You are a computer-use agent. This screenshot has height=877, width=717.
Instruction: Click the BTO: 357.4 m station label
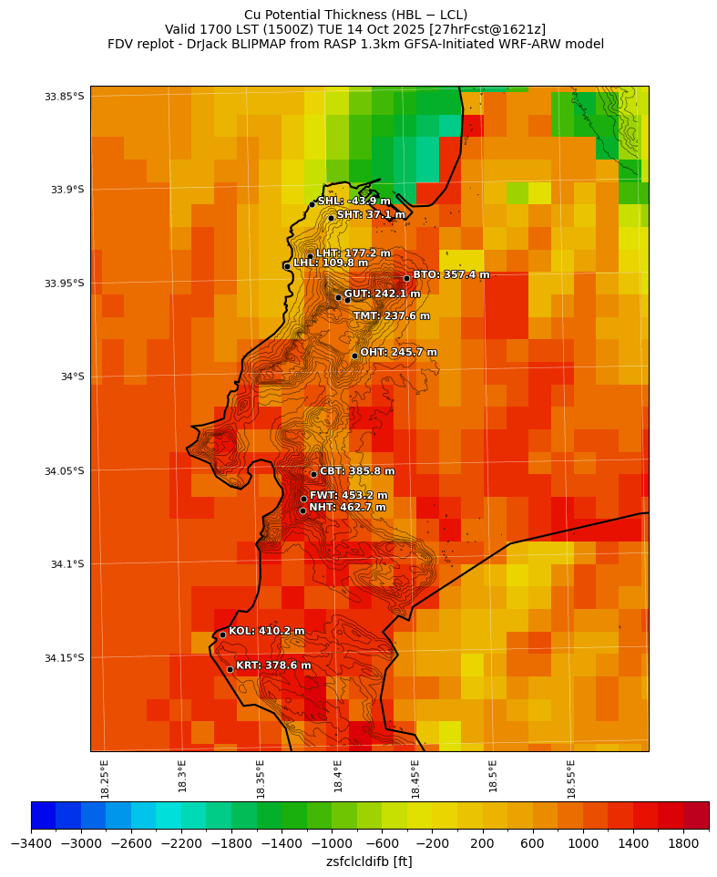tap(451, 274)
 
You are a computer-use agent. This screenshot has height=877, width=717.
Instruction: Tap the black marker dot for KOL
tap(222, 635)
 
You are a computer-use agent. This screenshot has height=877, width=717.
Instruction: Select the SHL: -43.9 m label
tap(353, 201)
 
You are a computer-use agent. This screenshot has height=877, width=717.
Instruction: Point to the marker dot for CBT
tap(313, 474)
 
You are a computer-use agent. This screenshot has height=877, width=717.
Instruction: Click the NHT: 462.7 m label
tap(347, 507)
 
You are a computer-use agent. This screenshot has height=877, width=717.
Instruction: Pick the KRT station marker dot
tap(230, 669)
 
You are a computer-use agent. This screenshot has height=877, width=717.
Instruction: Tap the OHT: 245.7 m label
tap(398, 352)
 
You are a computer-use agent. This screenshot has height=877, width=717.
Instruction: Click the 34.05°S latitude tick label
tap(64, 470)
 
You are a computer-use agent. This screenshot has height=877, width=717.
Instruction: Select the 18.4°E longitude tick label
tap(338, 779)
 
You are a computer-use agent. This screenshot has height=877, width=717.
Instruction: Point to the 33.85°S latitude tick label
tap(64, 97)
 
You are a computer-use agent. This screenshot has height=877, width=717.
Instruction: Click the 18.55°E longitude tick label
tap(571, 779)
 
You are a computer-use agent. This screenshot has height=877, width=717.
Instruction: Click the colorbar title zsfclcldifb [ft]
tap(369, 861)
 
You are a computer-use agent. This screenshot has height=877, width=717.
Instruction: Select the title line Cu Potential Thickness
tap(355, 15)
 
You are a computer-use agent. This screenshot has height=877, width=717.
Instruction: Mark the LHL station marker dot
tap(287, 266)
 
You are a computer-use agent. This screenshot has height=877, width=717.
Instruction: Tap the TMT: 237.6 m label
tap(392, 315)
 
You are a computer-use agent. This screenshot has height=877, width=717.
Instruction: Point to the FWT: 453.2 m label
tap(348, 495)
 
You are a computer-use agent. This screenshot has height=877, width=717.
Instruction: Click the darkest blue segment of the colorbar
tap(43, 814)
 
